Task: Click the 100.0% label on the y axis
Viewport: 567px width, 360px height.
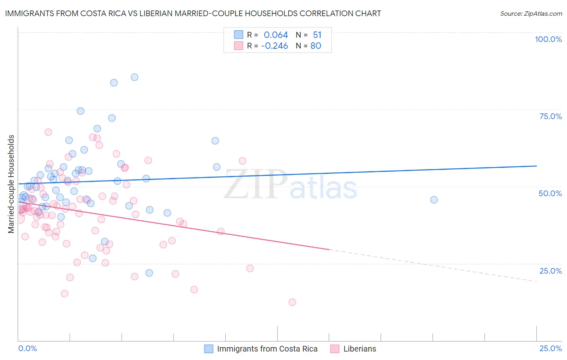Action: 548,39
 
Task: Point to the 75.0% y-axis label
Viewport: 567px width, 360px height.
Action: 550,116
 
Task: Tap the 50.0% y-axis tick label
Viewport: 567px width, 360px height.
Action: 550,193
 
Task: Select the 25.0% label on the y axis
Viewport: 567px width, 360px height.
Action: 550,271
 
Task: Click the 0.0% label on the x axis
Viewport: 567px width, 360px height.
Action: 27,349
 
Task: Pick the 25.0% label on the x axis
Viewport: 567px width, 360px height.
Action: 550,349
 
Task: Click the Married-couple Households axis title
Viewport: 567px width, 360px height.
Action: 11,184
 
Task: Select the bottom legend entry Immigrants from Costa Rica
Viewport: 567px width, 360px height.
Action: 267,349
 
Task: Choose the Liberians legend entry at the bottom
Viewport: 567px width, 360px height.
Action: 359,349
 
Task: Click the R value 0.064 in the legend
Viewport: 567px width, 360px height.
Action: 276,35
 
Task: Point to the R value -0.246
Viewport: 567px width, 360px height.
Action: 274,46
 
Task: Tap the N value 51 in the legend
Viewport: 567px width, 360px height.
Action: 317,35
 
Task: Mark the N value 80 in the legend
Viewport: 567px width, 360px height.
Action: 316,46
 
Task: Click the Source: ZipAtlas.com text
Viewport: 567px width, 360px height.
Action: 531,14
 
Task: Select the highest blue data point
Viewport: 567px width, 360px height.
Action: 135,77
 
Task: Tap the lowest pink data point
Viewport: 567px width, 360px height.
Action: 292,302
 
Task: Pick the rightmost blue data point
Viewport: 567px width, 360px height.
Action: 434,200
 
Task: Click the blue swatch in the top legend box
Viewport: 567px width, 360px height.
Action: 239,35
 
